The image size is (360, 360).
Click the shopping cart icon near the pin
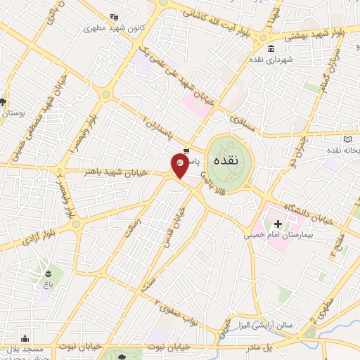coord(186,150)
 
